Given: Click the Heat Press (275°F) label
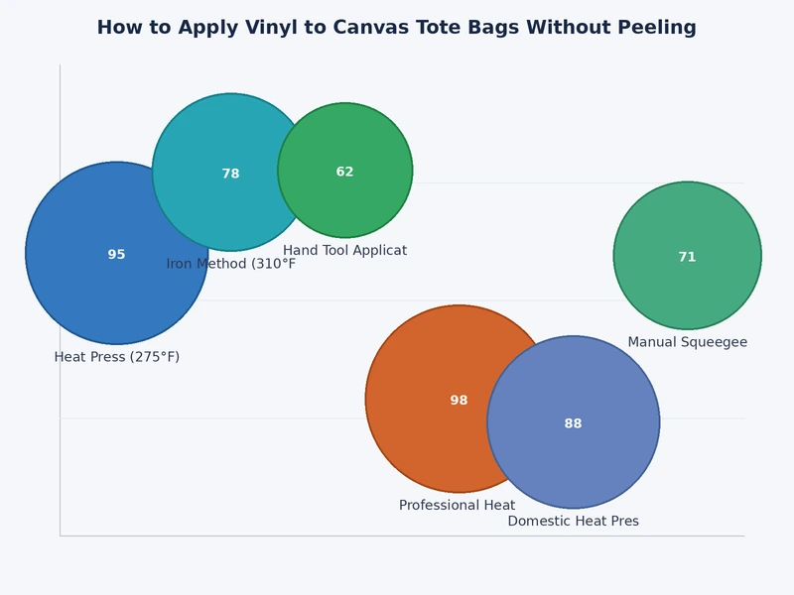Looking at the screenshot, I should coord(117,357).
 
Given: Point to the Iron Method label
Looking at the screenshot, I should coord(231,264).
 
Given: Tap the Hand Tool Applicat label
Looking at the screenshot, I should coord(344,251).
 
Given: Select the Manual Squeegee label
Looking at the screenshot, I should coord(687,342).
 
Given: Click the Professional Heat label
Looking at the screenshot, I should coord(457,506).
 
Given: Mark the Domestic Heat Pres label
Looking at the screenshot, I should coord(573,522).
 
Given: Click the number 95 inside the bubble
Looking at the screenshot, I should coord(116,255).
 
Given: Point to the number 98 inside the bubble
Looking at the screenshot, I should coord(459,401).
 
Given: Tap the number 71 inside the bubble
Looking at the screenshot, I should coord(687,257).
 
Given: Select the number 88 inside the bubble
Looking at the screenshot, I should coord(573,423).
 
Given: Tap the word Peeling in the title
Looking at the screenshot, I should coord(657,28).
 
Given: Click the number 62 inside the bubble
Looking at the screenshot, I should coord(344,172).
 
